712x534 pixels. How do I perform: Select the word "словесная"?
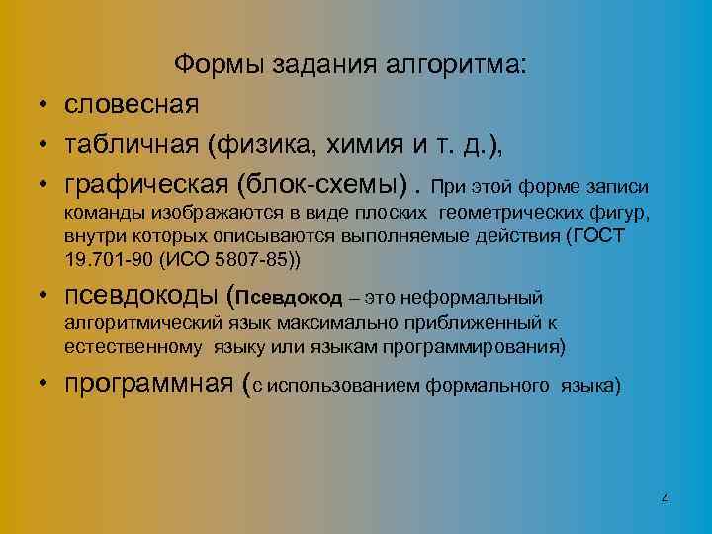click(132, 103)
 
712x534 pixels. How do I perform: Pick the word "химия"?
click(363, 144)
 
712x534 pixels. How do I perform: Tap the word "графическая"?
click(144, 186)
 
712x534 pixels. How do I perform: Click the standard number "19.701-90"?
click(102, 260)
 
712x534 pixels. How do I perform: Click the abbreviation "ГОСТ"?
click(602, 237)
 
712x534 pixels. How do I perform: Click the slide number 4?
click(665, 499)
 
